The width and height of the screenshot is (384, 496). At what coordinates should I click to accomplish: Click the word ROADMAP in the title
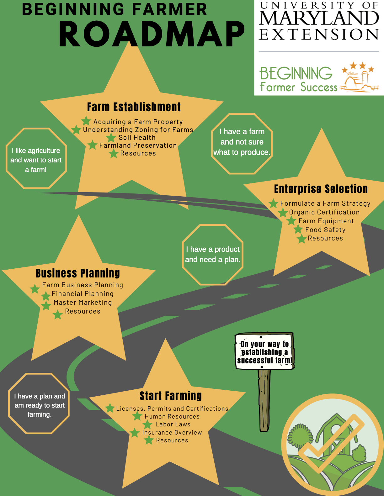point(152,34)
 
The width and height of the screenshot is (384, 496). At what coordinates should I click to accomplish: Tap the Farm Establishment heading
point(134,107)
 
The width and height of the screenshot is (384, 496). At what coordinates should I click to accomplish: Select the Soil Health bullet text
point(137,138)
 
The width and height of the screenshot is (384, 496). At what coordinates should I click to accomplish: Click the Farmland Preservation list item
point(138,145)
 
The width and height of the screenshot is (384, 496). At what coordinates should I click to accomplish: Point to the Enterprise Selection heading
point(321,189)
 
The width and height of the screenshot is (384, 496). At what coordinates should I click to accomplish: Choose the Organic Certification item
point(324,212)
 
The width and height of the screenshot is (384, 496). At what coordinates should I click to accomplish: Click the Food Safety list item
point(325,230)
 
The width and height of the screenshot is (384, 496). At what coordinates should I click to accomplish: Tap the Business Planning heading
point(78,273)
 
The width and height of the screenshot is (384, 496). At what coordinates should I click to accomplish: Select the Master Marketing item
point(83,303)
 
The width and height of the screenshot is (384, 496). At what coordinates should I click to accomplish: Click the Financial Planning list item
point(83,294)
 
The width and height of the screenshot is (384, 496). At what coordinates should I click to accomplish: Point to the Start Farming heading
point(171,396)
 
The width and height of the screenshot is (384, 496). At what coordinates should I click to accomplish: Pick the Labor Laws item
point(173,425)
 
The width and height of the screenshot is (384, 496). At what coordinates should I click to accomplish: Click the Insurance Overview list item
point(172,433)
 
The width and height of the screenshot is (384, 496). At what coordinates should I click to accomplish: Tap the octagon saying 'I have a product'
point(213,255)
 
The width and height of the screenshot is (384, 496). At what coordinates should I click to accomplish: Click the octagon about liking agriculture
point(36,158)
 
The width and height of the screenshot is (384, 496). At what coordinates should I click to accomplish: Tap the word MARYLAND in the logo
point(319,18)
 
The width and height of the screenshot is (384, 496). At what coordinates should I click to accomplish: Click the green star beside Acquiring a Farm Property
point(86,121)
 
